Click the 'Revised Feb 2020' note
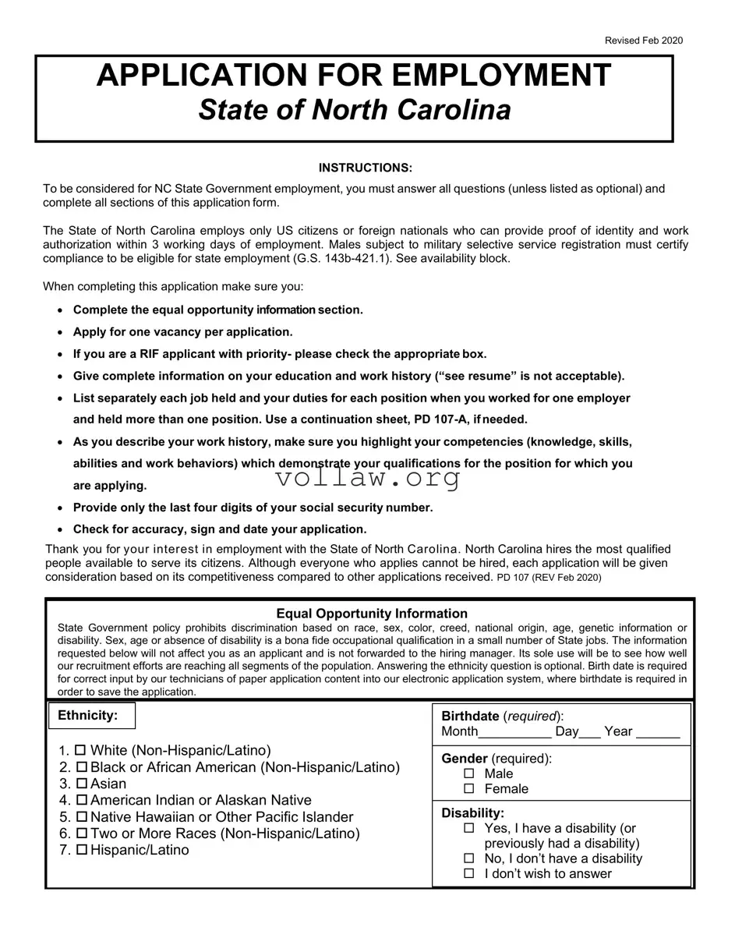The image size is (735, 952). coord(643,41)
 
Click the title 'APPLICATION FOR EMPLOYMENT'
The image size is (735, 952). coord(354,76)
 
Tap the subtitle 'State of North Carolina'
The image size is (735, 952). coord(355,110)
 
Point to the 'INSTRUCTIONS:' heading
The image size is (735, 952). coord(366,168)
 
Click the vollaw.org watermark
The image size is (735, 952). coord(368,477)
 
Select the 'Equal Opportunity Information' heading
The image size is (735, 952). coord(372,614)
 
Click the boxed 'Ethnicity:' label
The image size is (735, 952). coord(88,715)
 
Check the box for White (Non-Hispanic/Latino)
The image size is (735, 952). coord(81,751)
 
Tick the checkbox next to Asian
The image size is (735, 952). coord(81,784)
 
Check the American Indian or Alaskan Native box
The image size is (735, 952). coord(81,800)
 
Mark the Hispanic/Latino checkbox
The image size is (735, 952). coord(81,850)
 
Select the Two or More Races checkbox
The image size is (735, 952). coord(81,833)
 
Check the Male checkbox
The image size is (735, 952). coord(469,773)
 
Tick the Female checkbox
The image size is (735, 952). coord(469,789)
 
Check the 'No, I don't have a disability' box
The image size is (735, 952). coord(469,858)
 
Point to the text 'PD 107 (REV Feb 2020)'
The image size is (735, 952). coord(549,578)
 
